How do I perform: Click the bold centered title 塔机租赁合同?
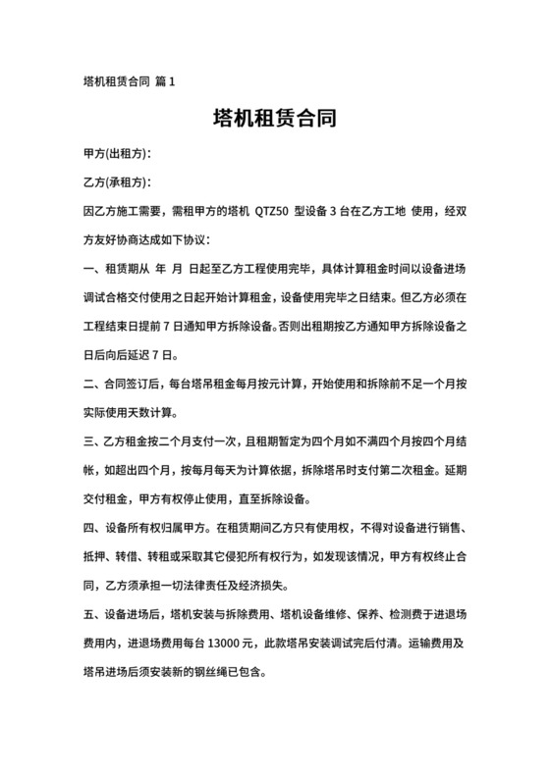pos(275,121)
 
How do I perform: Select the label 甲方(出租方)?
pos(118,155)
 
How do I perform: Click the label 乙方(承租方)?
pos(118,182)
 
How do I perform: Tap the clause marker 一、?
pos(92,268)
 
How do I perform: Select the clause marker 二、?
pos(92,383)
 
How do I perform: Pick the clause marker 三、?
pos(92,440)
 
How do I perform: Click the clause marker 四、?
pos(92,526)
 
